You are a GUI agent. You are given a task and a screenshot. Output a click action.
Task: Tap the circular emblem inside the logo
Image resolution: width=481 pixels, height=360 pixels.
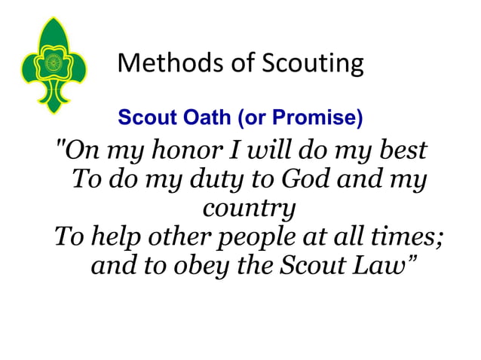[53, 63]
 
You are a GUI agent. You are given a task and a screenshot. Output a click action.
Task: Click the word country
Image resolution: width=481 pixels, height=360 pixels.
[248, 209]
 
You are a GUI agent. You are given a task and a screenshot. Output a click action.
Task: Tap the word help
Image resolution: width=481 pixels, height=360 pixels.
[113, 238]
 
